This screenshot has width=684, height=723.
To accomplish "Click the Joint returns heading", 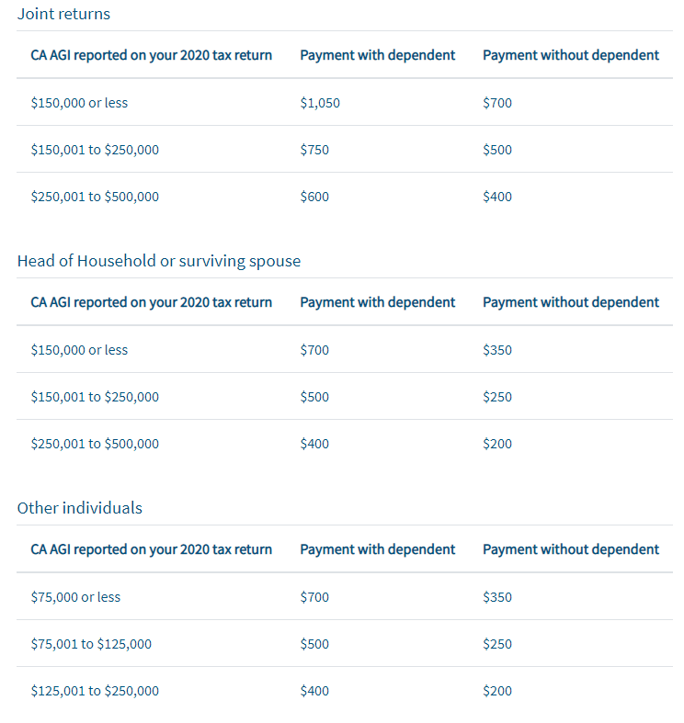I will click(63, 14).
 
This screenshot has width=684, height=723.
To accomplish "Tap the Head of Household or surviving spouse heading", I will click(158, 261).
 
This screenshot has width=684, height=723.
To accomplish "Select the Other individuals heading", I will click(79, 508).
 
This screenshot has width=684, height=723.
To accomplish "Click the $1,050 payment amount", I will click(320, 103).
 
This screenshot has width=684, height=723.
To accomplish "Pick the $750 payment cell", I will click(314, 150).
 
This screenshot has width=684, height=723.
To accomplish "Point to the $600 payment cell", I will click(314, 197).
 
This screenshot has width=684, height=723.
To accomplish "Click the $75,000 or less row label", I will click(75, 597).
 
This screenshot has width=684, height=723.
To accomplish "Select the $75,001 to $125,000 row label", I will click(91, 644).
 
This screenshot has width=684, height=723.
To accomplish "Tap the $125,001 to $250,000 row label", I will click(95, 691).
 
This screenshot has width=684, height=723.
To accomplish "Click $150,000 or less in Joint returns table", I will click(79, 103).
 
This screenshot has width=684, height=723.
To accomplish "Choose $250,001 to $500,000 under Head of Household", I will click(95, 444).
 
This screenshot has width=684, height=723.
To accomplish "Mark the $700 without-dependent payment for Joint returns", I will click(497, 103).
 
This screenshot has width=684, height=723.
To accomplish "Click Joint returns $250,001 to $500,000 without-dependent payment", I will click(497, 197).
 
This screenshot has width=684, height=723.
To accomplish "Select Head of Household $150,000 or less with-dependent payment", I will click(314, 350).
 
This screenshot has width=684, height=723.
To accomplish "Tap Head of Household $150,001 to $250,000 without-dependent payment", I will click(497, 397).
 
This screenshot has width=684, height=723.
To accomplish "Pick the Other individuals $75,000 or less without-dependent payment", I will click(497, 597).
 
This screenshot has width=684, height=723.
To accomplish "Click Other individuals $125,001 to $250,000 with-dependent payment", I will click(314, 691).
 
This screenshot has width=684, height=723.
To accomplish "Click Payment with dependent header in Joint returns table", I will click(377, 55).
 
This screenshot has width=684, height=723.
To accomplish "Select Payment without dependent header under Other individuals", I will click(570, 549).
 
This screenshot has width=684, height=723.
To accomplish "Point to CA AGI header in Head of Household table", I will click(151, 302).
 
